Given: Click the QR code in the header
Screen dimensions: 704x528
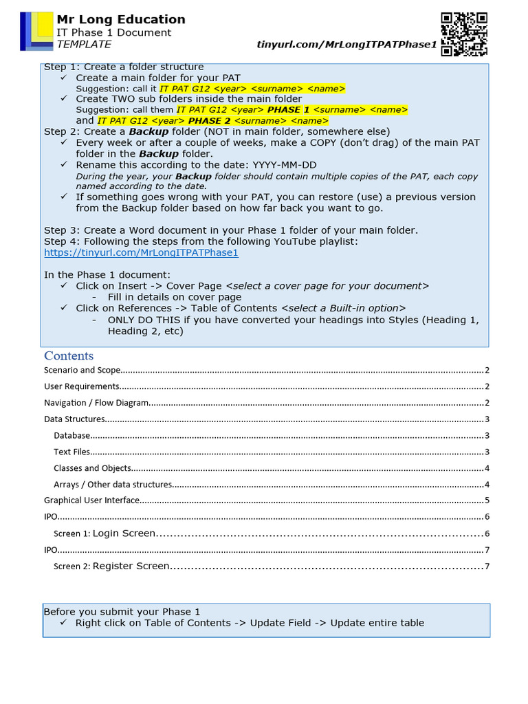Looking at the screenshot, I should tap(464, 34).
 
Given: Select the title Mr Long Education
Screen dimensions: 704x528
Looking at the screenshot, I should tap(120, 19).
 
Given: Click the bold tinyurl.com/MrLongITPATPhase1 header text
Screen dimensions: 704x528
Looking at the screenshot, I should tap(346, 45).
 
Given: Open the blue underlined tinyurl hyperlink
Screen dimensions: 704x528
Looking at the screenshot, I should tap(141, 252).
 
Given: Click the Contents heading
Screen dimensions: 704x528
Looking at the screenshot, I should tap(69, 355).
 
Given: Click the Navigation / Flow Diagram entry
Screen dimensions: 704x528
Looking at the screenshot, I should tap(96, 403).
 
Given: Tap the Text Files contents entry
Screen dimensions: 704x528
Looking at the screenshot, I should tap(72, 452).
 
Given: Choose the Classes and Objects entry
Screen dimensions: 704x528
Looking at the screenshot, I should tap(93, 468).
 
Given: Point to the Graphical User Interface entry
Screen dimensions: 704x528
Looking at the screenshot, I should tap(92, 500).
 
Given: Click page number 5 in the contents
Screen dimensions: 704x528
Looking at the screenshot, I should tap(487, 500).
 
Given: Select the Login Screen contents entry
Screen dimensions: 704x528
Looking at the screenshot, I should tap(124, 533).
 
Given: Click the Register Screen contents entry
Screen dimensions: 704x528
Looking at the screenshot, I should tap(131, 566).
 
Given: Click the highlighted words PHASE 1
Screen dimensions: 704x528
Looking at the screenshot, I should tap(288, 109).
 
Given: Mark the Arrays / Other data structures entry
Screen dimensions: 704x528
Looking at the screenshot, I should tap(113, 485).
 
